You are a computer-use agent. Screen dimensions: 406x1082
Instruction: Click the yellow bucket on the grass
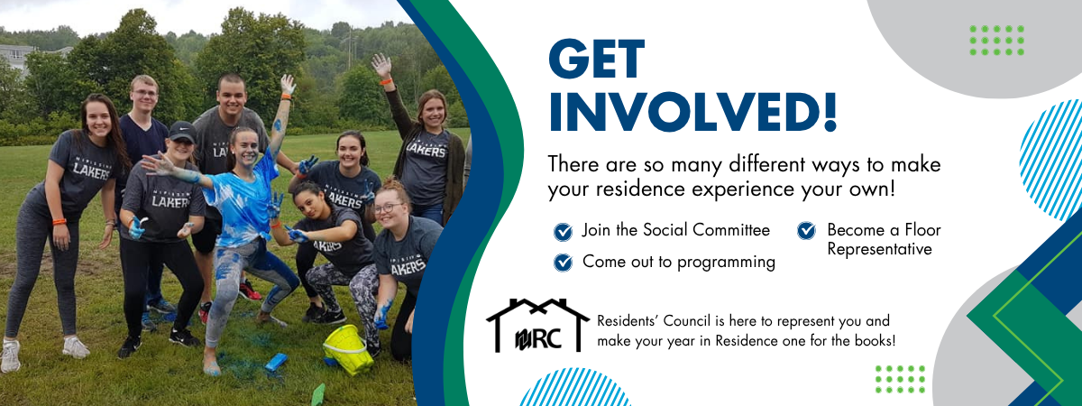pyautogui.click(x=348, y=347)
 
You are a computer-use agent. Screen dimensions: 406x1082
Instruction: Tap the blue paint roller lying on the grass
pyautogui.click(x=275, y=362)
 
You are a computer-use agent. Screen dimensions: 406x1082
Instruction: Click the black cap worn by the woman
pyautogui.click(x=181, y=131)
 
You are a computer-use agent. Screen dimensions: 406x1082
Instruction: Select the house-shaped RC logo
pyautogui.click(x=537, y=325)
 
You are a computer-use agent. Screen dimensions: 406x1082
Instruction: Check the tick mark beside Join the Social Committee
pyautogui.click(x=563, y=232)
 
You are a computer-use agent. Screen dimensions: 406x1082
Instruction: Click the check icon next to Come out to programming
pyautogui.click(x=563, y=263)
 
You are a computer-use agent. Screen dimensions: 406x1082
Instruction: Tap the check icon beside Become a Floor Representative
pyautogui.click(x=806, y=231)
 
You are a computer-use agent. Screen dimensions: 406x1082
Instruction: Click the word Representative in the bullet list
pyautogui.click(x=879, y=249)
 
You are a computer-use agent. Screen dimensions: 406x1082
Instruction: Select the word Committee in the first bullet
pyautogui.click(x=731, y=230)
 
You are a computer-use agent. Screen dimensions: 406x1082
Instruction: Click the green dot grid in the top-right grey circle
pyautogui.click(x=996, y=40)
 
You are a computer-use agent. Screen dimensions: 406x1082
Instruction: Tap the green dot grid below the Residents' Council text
pyautogui.click(x=899, y=379)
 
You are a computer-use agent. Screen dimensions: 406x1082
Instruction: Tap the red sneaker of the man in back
pyautogui.click(x=249, y=290)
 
